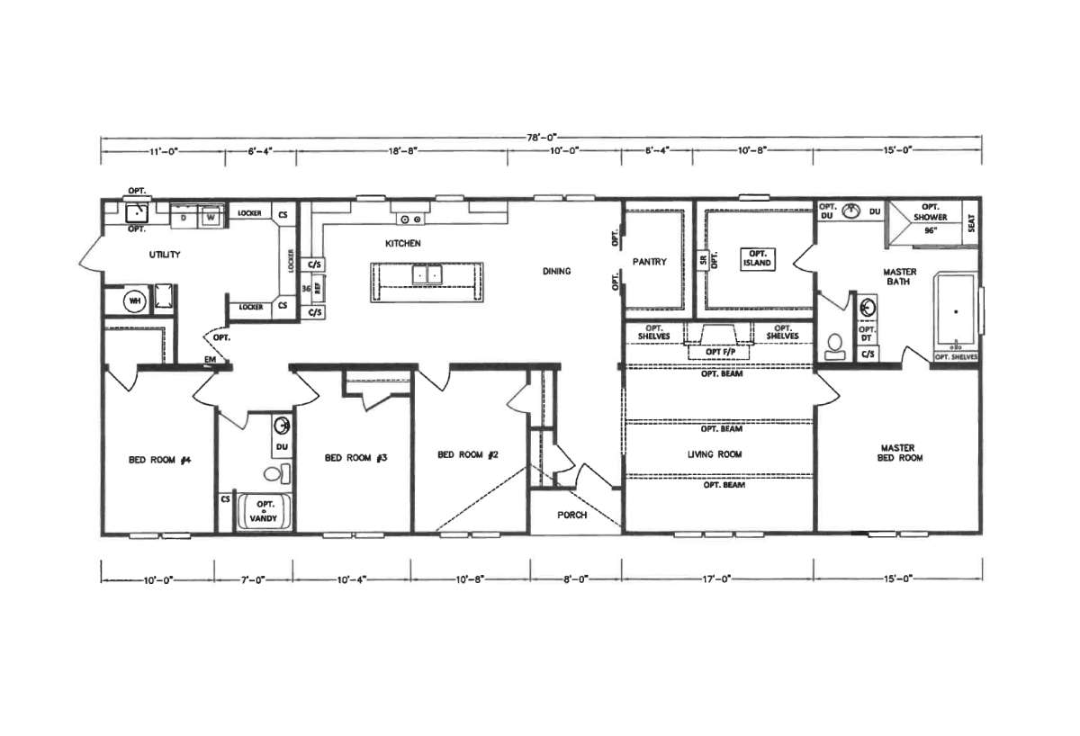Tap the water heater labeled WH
click(136, 301)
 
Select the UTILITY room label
click(165, 256)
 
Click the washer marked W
click(209, 217)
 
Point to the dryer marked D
click(184, 217)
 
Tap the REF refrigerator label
click(317, 289)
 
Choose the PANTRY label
click(649, 263)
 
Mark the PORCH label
click(572, 515)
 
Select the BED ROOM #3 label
click(355, 458)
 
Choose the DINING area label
click(556, 271)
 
